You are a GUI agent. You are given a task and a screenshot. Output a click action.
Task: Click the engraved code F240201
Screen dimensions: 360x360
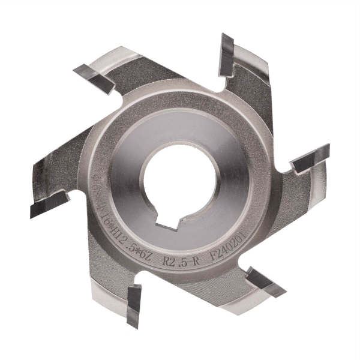tap(247, 247)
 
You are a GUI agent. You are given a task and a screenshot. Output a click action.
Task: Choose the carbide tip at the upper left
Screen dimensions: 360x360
tap(96, 75)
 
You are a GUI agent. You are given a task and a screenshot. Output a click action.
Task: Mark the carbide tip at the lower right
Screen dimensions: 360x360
tap(264, 282)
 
